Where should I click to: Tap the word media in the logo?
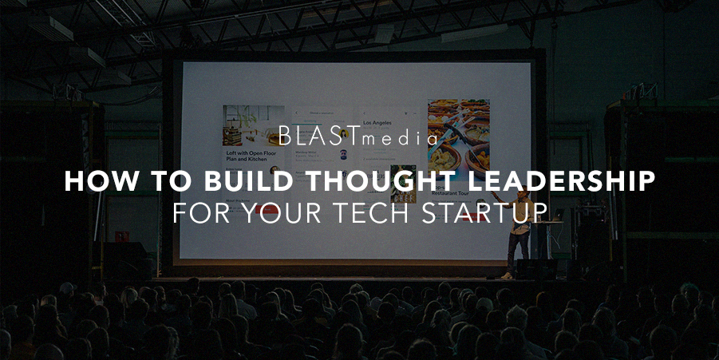(398, 139)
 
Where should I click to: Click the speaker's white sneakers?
(507, 275)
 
